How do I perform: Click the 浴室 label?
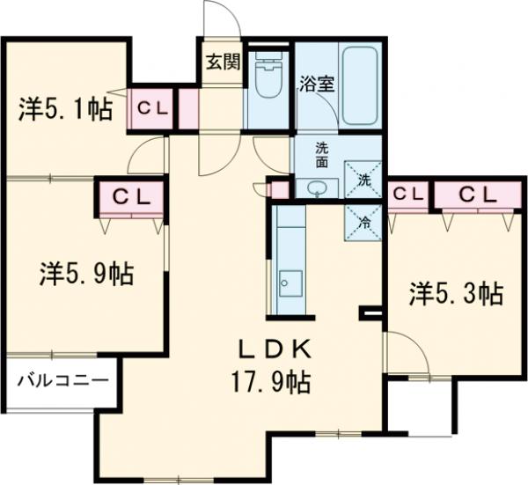(316, 85)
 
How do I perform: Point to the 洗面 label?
(323, 155)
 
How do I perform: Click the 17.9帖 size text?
(270, 383)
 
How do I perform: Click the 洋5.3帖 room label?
(455, 292)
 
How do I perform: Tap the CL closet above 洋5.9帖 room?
(129, 195)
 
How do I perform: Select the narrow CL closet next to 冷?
(407, 194)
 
